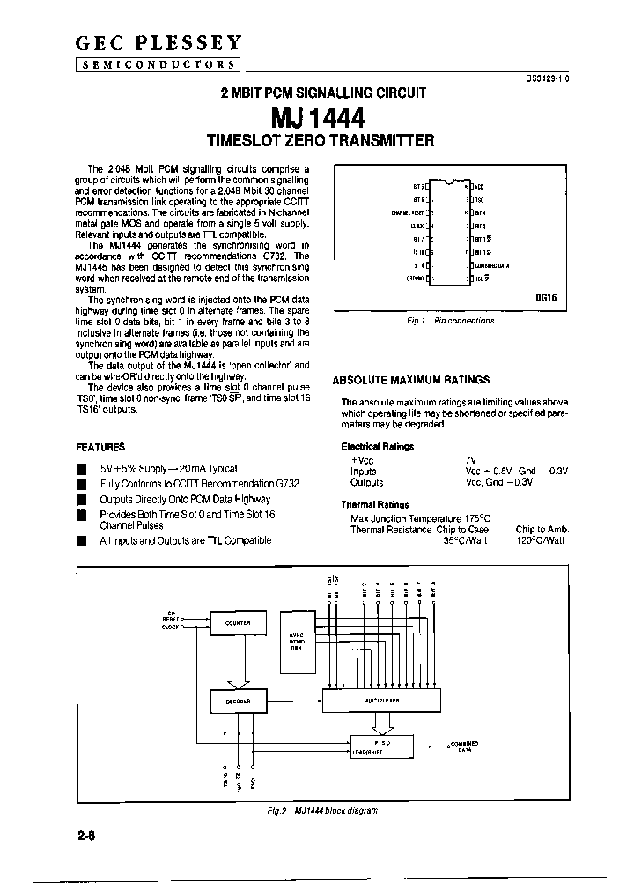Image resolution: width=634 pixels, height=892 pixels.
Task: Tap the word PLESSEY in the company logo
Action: tap(198, 42)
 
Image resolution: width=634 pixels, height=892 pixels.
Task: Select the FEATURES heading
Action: tap(101, 447)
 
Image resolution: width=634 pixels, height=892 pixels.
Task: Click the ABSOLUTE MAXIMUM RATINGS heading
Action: tap(410, 380)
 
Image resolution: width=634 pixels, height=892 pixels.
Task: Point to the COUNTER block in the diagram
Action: tap(238, 623)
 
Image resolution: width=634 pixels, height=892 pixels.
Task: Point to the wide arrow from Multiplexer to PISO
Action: tap(380, 724)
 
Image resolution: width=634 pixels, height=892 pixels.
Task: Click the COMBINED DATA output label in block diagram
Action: tap(466, 747)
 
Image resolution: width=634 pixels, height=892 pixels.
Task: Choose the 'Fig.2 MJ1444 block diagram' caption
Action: tap(323, 810)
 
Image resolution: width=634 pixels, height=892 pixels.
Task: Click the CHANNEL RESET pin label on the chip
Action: tap(409, 213)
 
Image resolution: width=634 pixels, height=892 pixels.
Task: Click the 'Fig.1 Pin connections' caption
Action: tap(450, 321)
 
